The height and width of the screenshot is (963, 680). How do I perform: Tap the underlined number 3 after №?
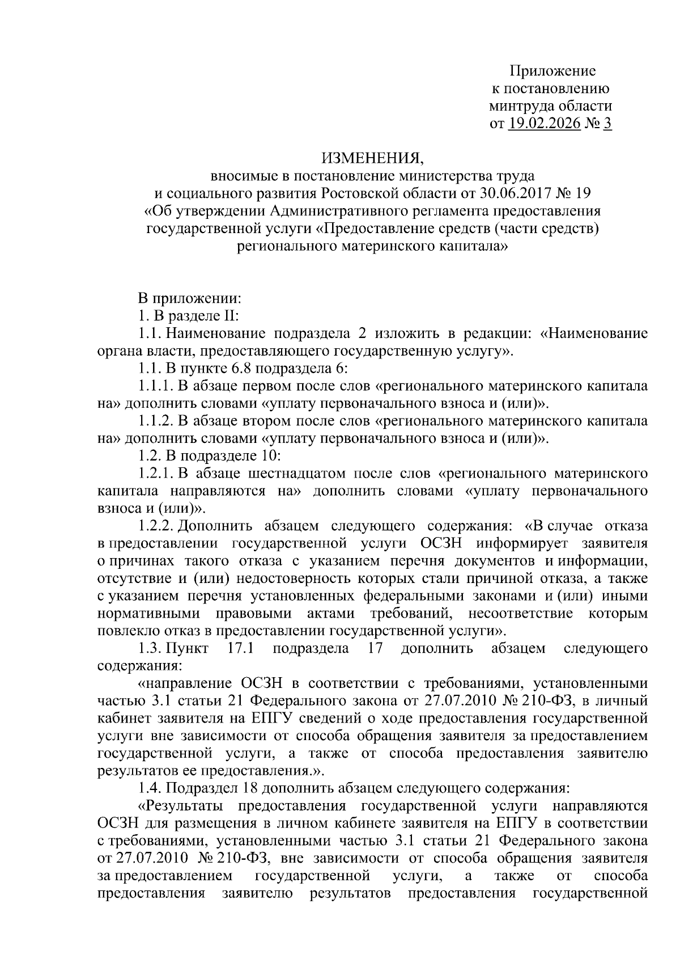pyautogui.click(x=607, y=124)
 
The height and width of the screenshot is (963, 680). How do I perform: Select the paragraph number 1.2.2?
pyautogui.click(x=156, y=526)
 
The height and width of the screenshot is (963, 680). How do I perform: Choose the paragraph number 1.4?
pyautogui.click(x=150, y=788)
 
